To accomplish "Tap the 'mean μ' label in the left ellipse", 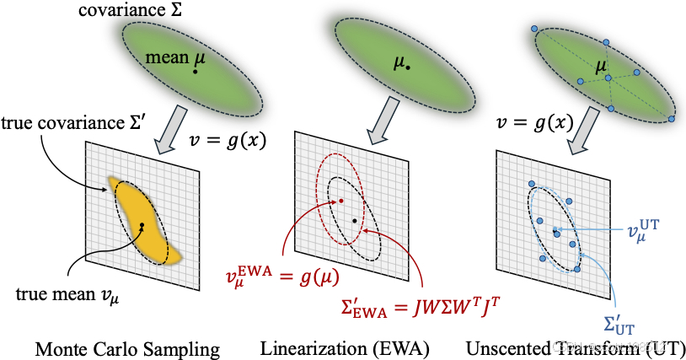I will tap(181, 60).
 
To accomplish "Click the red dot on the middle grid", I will tap(341, 201).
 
